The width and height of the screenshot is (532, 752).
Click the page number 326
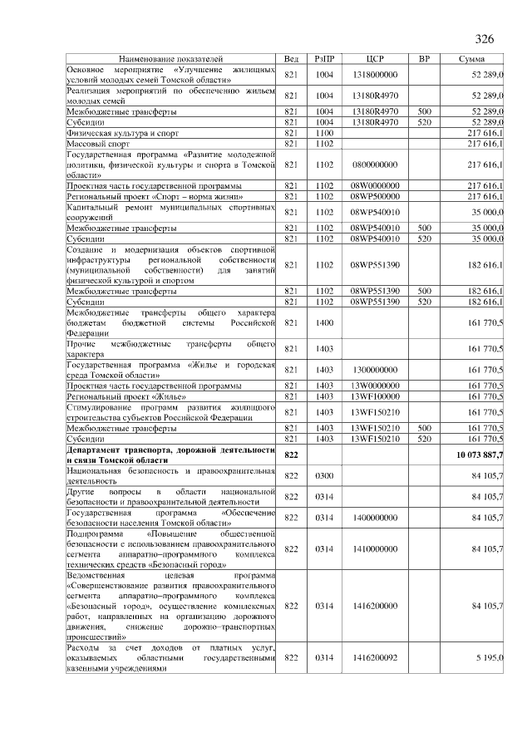pos(484,39)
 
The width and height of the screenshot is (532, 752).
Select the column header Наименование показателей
pos(170,60)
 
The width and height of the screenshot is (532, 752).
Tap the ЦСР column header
pos(375,60)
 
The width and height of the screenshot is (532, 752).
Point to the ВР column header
pos(424,60)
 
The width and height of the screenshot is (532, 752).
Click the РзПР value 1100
pos(324,133)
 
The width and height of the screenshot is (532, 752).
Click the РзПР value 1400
pos(324,322)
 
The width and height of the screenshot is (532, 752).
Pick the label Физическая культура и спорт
pos(122,133)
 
